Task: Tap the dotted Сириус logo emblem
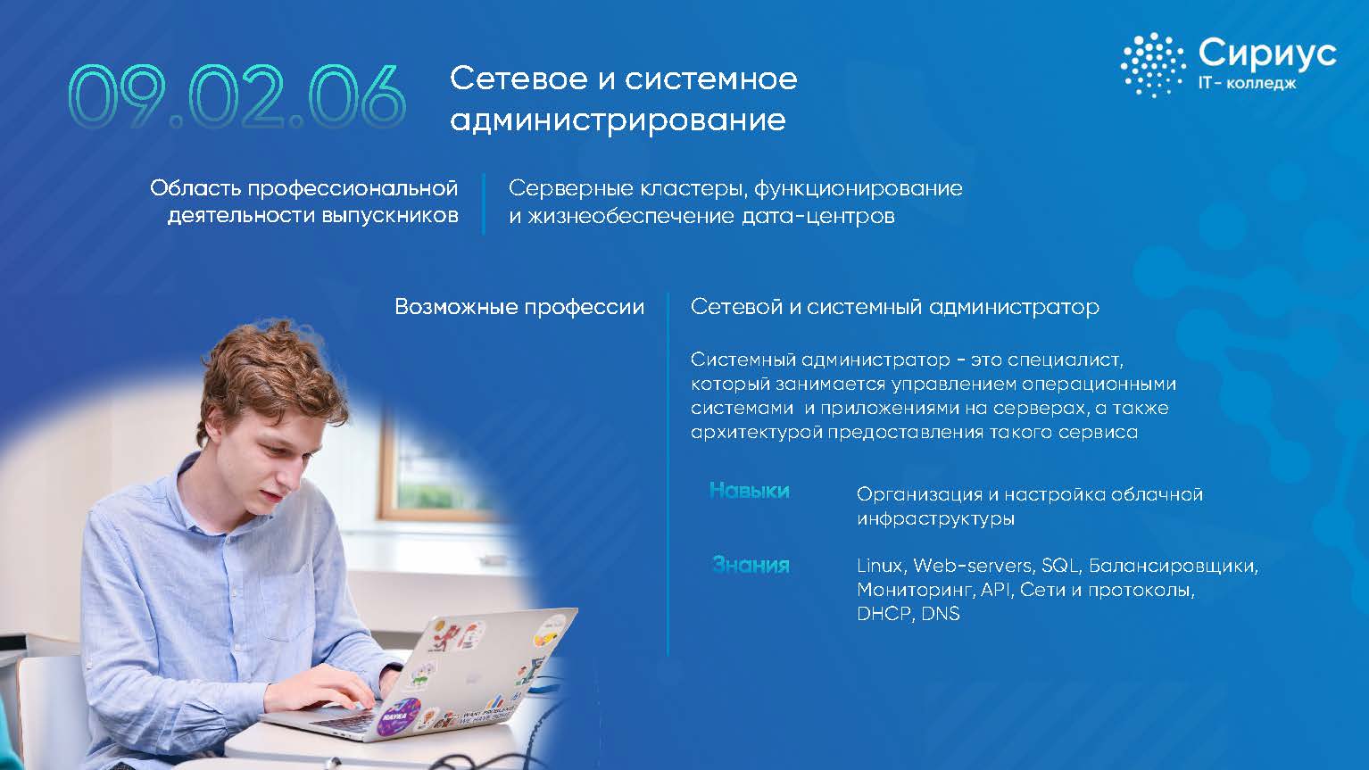coord(1153,65)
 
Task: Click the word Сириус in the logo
coord(1267,54)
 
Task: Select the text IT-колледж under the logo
coord(1247,83)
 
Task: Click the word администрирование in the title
coord(618,120)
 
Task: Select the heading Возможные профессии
coord(519,307)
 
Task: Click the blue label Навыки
coord(750,491)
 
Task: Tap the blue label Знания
coord(751,565)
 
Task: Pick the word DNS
coord(940,614)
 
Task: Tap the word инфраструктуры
coord(935,518)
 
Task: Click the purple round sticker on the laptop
coord(399,716)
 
